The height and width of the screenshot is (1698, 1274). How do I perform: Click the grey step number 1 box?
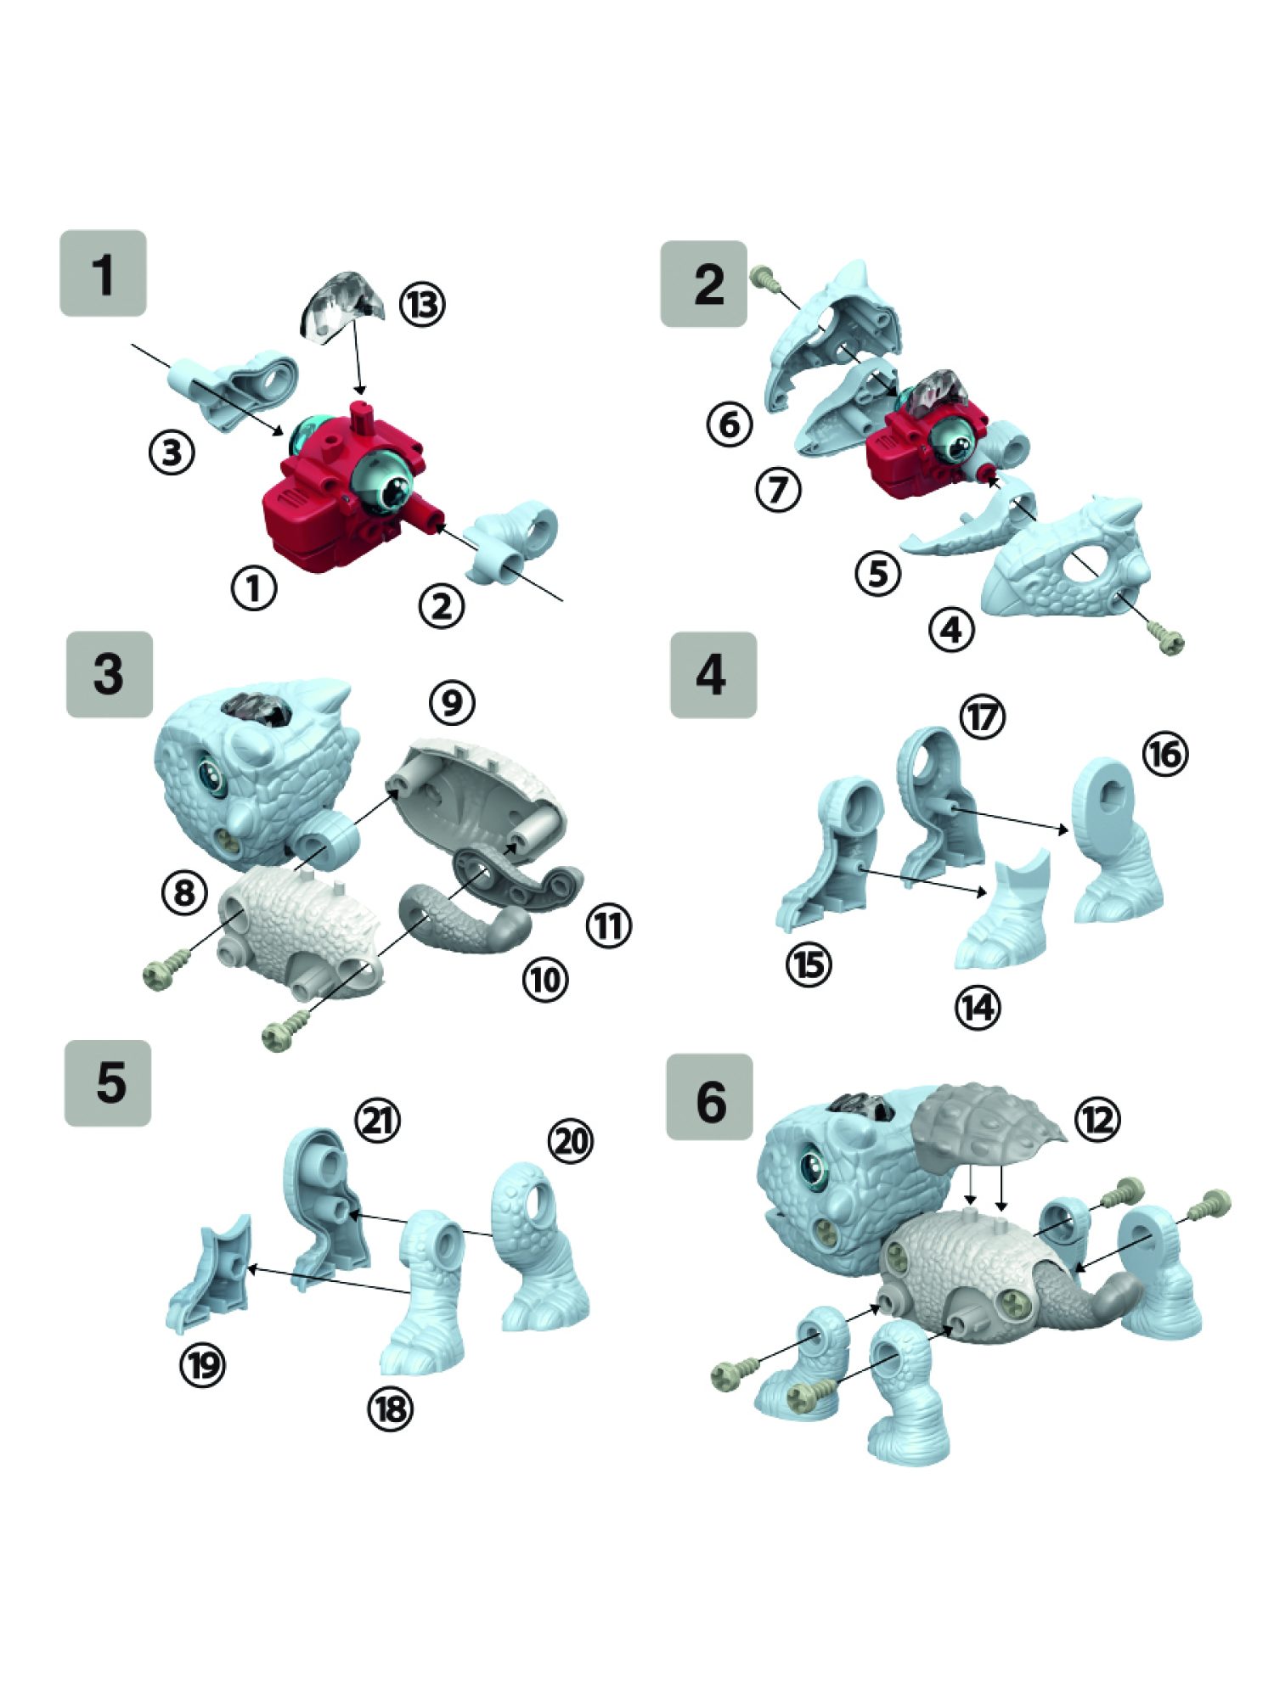click(103, 273)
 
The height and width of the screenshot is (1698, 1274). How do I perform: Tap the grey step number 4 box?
click(713, 675)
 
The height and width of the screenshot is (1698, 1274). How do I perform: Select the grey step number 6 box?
click(709, 1097)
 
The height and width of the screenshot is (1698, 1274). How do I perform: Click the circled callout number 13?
click(422, 305)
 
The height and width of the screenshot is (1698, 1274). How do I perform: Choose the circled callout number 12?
click(1096, 1120)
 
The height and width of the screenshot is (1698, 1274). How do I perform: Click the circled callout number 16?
click(1165, 753)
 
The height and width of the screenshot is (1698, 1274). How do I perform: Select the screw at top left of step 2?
click(765, 278)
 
